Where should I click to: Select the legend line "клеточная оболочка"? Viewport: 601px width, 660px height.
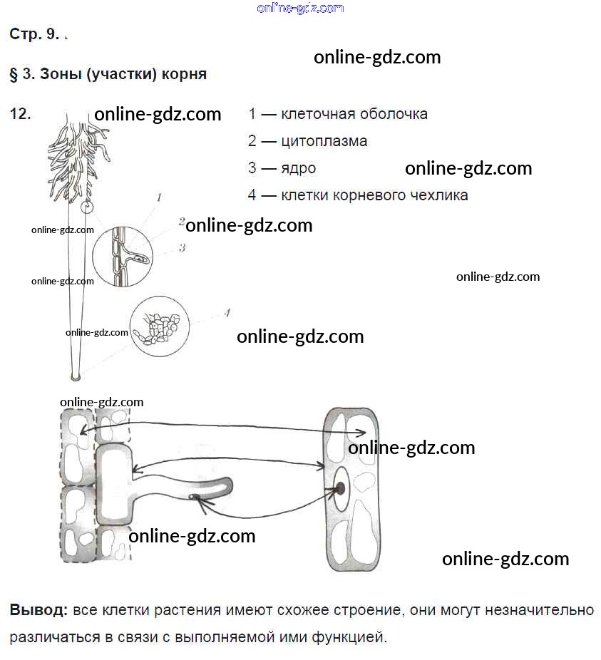point(354,114)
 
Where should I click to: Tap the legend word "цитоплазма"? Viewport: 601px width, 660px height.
point(324,141)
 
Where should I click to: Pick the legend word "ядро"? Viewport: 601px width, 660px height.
point(298,168)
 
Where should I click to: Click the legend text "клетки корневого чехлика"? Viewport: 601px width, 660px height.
point(374,195)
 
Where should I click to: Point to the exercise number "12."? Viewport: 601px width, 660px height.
point(20,114)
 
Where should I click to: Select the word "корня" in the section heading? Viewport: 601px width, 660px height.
point(184,74)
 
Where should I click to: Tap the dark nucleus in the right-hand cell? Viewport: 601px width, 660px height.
point(340,488)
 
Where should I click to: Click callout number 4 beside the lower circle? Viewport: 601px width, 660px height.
point(227,312)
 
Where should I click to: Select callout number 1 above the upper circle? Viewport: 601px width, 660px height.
point(159,197)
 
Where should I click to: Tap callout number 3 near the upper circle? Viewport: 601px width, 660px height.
point(183,248)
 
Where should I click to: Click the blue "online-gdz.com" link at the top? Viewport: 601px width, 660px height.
point(300,8)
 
